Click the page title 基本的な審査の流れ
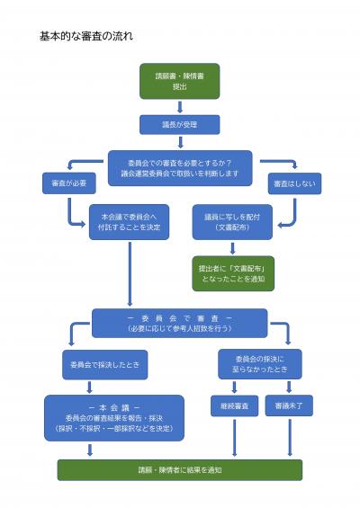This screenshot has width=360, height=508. (x=86, y=37)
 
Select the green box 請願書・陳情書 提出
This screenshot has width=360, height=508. (x=179, y=81)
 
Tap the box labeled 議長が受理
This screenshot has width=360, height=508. (x=179, y=124)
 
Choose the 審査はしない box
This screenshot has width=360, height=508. (x=294, y=183)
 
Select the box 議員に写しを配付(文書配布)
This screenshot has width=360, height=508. (x=232, y=220)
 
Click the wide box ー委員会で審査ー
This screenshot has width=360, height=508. (x=179, y=323)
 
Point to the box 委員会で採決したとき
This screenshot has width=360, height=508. (x=104, y=364)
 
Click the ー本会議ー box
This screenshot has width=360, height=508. (x=113, y=417)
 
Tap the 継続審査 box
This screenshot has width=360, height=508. (x=236, y=406)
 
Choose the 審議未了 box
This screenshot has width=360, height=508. (x=290, y=406)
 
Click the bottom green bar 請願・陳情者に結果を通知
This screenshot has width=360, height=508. (x=179, y=469)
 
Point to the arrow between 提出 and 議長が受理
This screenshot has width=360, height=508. (x=179, y=107)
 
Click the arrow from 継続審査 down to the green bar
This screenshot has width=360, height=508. (x=236, y=438)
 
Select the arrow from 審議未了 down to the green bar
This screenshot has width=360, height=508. (x=290, y=438)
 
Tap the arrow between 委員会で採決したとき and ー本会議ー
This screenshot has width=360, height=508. (x=90, y=388)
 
